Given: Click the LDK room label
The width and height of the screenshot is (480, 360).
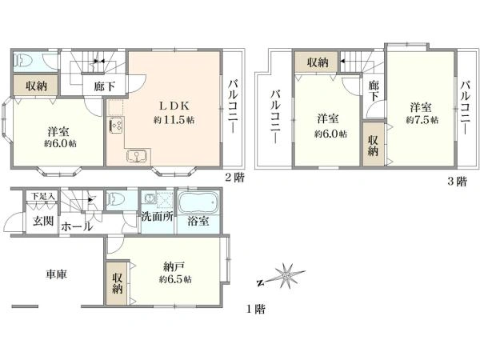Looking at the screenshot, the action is coord(174,106).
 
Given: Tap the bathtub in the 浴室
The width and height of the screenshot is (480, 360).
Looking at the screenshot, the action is coord(198,202).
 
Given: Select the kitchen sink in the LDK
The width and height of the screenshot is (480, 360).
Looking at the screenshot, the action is coord(138,155).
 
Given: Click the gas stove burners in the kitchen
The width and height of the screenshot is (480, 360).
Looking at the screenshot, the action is coord(116,125).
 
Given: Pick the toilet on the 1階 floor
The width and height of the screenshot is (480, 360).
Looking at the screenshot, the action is coord(115,199).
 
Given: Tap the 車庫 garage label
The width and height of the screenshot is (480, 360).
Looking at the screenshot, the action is coord(56,274).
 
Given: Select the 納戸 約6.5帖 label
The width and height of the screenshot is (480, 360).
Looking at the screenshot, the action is coord(175,273).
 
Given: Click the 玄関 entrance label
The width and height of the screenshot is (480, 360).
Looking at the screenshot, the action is coord(43,221).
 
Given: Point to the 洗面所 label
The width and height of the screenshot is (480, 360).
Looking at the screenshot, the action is coord(158,217).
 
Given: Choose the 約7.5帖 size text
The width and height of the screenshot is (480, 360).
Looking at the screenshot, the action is coord(422,120).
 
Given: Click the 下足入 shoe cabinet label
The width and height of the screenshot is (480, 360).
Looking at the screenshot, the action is coord(43,196).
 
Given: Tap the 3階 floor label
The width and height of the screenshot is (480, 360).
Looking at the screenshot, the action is coord(458,182).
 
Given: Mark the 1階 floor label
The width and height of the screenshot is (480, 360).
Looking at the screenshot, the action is coord(256,309).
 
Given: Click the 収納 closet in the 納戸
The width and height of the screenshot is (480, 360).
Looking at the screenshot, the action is coord(117,283).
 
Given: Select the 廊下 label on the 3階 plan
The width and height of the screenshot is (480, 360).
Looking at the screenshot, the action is coord(373,90).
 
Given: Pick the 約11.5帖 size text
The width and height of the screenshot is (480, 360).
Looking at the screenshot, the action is coord(174,120).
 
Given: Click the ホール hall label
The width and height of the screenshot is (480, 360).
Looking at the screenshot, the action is coord(76,227).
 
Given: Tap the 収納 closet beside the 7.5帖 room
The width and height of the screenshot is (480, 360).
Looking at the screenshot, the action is coord(374,144).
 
